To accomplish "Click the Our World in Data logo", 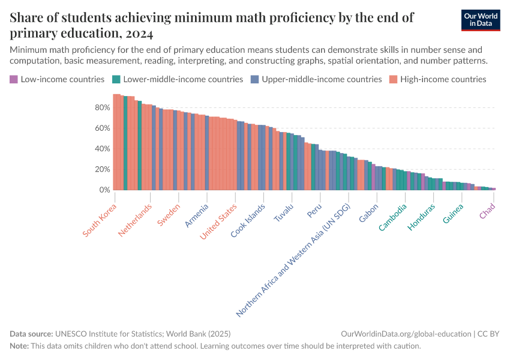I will (x=480, y=20).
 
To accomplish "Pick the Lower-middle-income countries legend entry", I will (x=178, y=79).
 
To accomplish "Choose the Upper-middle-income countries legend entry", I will (x=317, y=79).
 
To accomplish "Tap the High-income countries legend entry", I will (x=437, y=79).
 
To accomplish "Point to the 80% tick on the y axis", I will (x=103, y=107).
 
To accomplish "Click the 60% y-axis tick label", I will (x=103, y=128).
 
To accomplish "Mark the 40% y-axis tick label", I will (x=103, y=149).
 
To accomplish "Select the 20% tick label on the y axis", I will (x=103, y=169).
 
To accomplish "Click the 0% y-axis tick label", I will (x=104, y=190).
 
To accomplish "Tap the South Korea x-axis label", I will (x=100, y=220).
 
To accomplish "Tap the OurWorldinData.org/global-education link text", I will (x=405, y=334).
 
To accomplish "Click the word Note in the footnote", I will (x=20, y=346).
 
